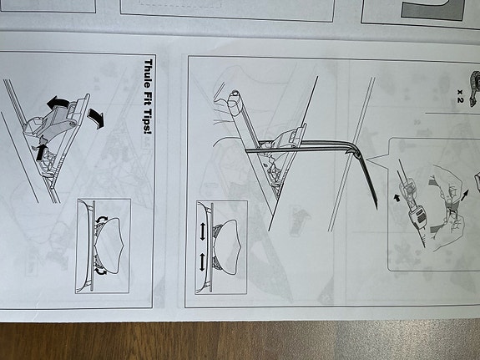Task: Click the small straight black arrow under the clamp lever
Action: (41, 152)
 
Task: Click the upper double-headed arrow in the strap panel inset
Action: (202, 231)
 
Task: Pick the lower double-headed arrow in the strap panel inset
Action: (202, 262)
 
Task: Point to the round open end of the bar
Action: (235, 93)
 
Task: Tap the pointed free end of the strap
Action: (376, 205)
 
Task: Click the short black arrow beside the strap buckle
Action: (397, 198)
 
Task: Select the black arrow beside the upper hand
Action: (464, 195)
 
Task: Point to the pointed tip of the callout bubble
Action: (367, 160)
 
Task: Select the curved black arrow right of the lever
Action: (96, 118)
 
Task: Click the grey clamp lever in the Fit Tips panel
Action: (55, 123)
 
